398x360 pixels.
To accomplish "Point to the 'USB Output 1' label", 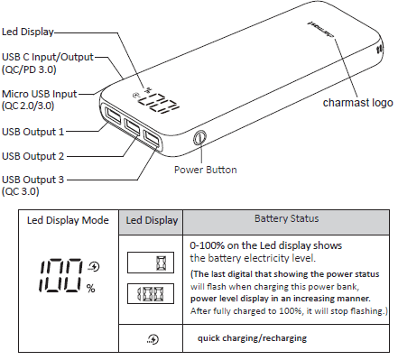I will [33, 132].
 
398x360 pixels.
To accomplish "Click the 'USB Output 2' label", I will [33, 155].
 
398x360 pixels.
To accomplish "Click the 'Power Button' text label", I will [206, 169].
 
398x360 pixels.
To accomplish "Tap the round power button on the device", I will [199, 139].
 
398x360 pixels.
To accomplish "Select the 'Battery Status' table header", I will [284, 218].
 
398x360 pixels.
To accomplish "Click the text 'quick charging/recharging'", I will [251, 337].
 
